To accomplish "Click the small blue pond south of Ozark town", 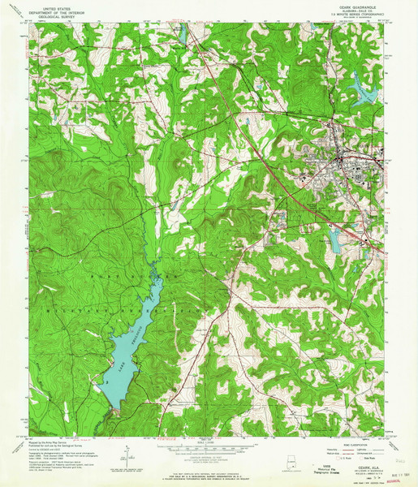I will coord(334,239).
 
